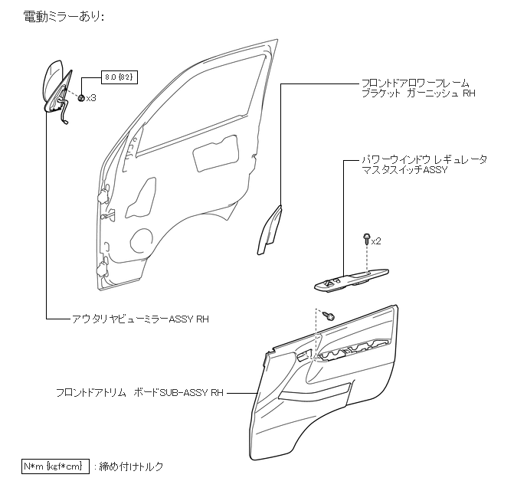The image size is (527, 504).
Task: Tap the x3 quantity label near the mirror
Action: tap(91, 98)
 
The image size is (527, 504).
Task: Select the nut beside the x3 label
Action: tap(80, 97)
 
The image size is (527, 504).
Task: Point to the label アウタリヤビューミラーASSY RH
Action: tap(139, 318)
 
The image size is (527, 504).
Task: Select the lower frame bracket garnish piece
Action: tap(270, 228)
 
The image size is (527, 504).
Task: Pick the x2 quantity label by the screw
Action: tap(376, 241)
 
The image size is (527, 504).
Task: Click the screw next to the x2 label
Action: tap(367, 239)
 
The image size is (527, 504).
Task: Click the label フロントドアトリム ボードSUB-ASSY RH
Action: tap(139, 391)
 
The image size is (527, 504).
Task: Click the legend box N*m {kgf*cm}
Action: tap(55, 466)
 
